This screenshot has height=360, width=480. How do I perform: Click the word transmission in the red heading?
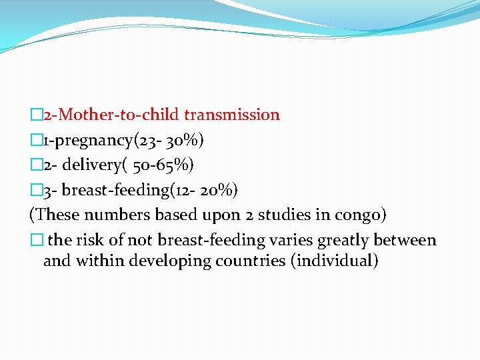pos(232,115)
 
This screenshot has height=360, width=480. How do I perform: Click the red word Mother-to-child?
pos(119,115)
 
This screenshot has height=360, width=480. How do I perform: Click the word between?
pos(405,240)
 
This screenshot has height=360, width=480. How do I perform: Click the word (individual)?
pos(334,261)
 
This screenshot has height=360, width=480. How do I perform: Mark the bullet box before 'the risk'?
pos(36,240)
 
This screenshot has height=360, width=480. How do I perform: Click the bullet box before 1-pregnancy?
pos(36,140)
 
